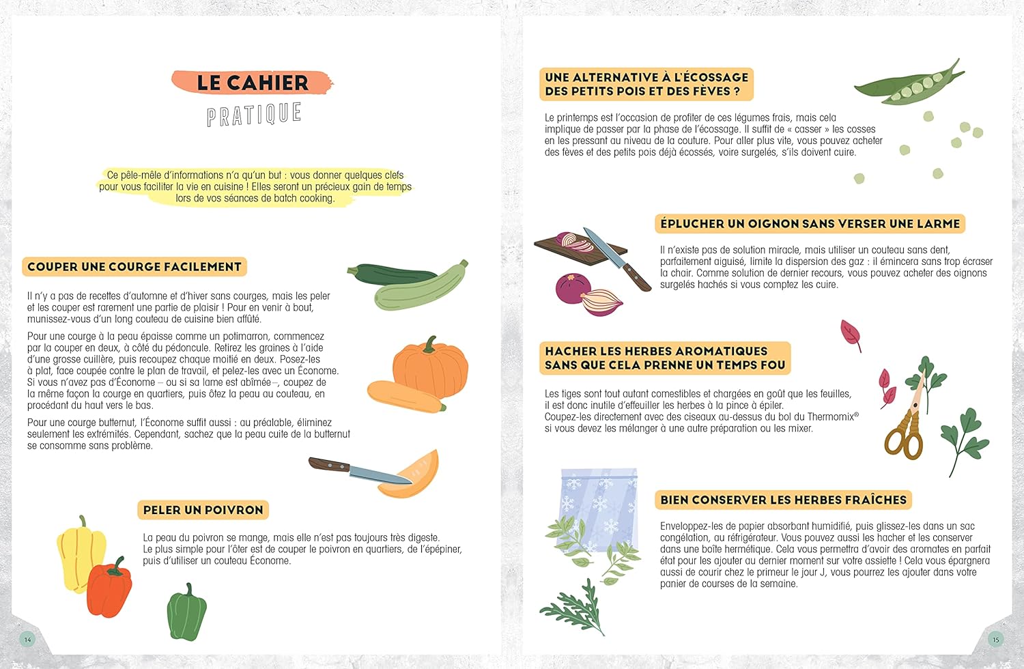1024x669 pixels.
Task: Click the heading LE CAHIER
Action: click(x=253, y=83)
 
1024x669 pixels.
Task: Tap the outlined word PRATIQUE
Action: click(x=254, y=114)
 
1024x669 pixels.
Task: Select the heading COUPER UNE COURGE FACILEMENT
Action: click(x=134, y=267)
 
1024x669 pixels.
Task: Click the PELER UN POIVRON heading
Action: click(x=203, y=510)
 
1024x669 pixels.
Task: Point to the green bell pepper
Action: click(x=186, y=612)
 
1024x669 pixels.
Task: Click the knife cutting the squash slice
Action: click(x=359, y=470)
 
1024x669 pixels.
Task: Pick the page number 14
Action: click(x=27, y=639)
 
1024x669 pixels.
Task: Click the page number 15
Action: click(x=995, y=639)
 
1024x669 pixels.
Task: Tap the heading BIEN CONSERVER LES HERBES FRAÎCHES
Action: click(x=783, y=500)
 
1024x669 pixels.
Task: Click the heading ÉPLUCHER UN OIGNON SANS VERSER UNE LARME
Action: click(x=810, y=224)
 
